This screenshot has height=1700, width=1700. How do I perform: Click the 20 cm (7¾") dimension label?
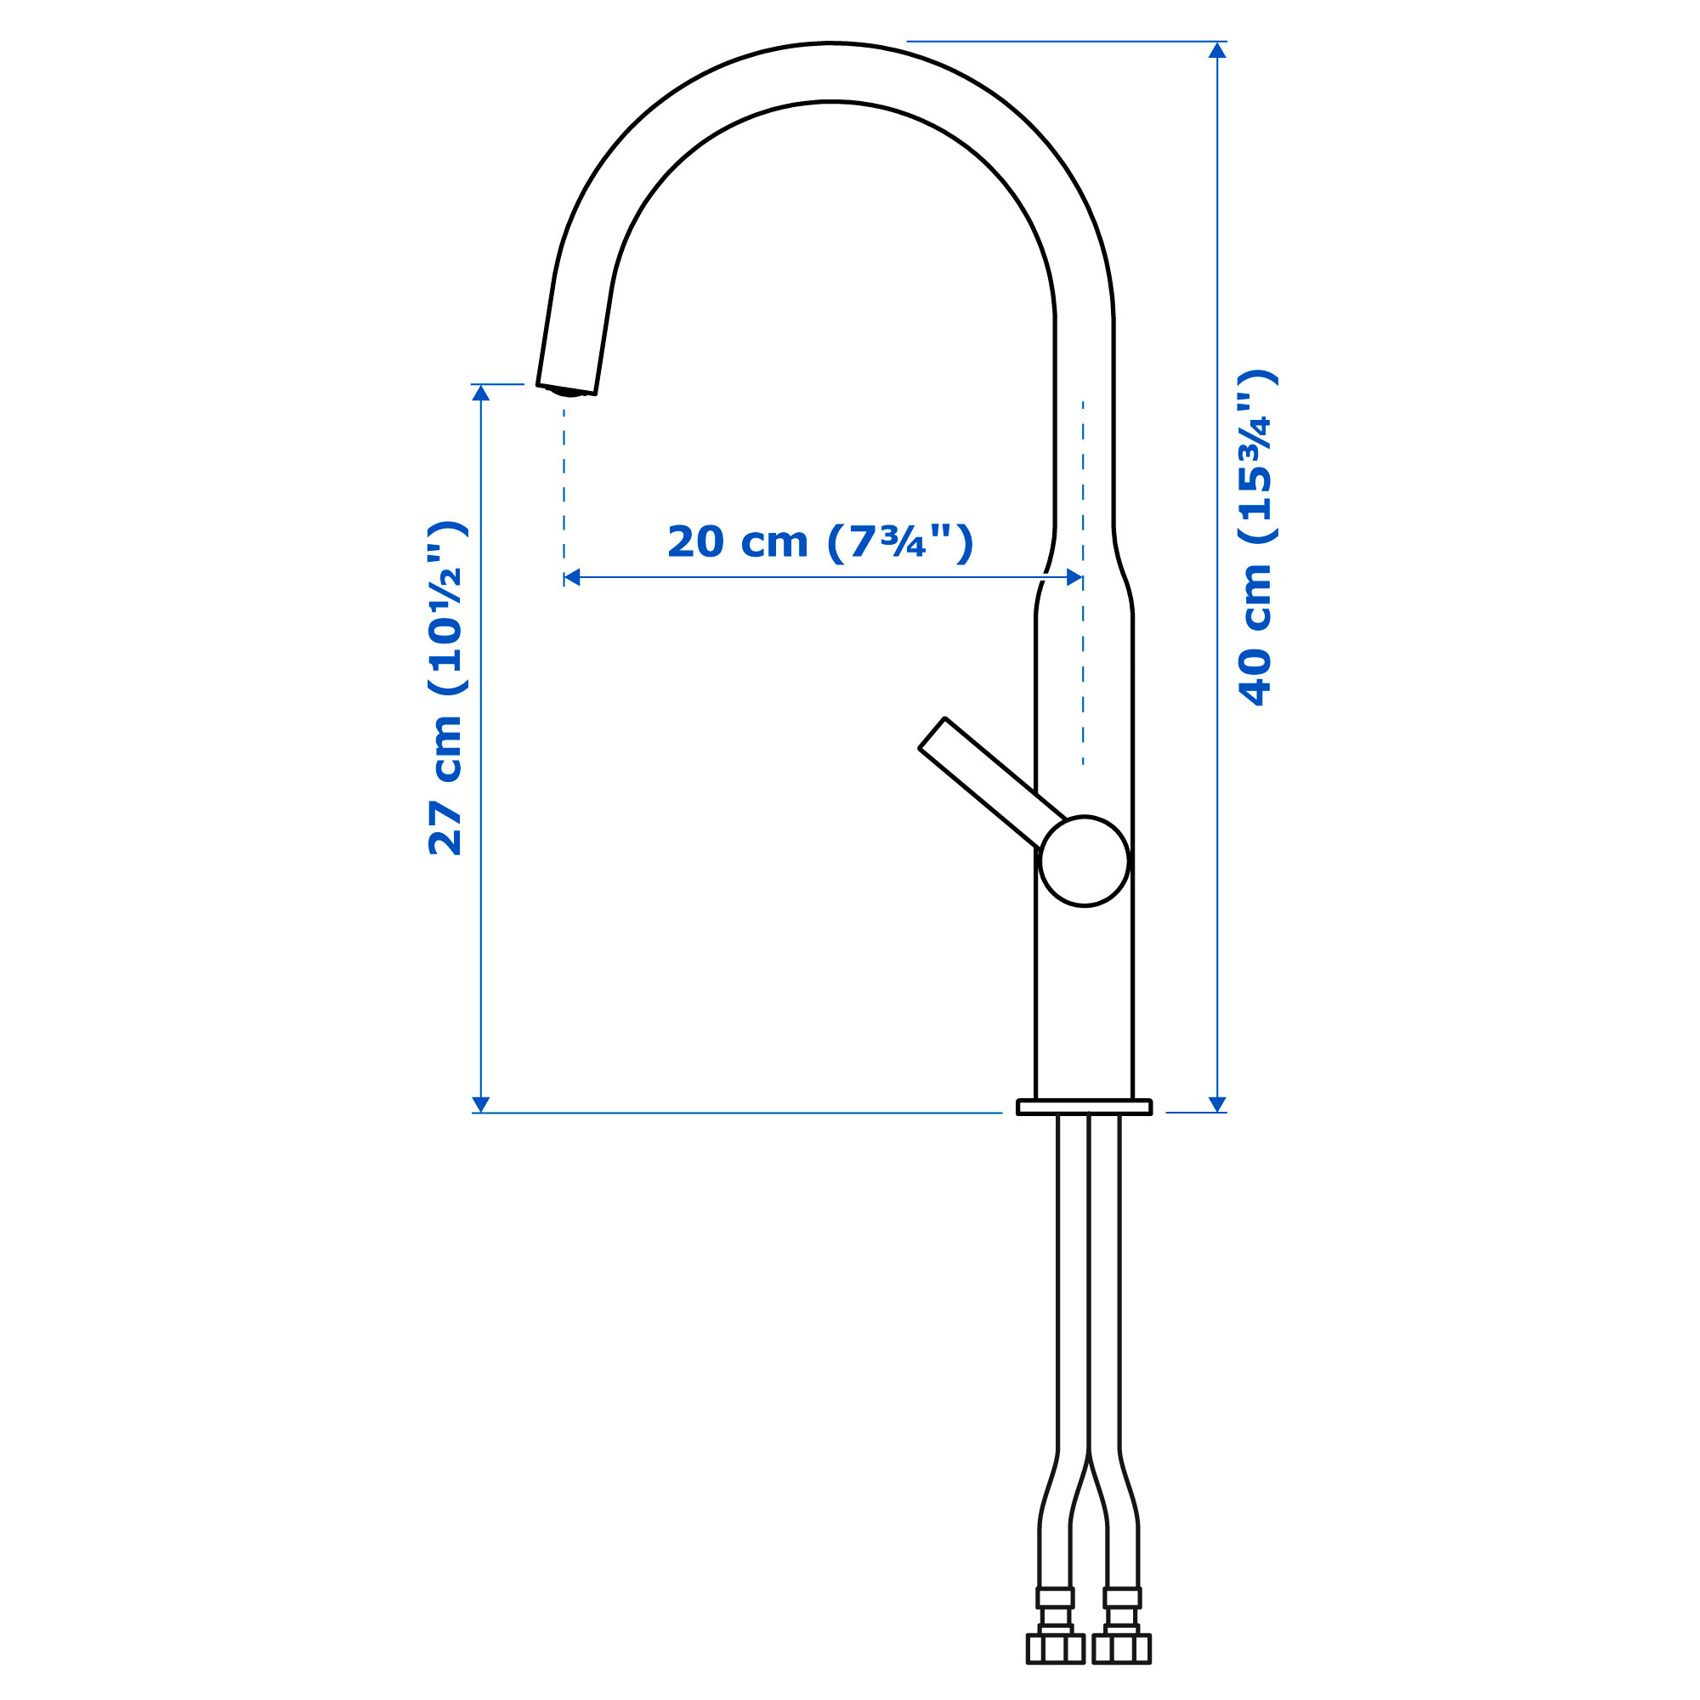[x=820, y=542]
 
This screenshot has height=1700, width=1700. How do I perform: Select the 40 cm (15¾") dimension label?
[x=1255, y=538]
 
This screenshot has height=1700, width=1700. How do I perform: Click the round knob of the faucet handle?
[x=1083, y=860]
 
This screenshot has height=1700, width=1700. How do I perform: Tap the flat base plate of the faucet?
[x=1083, y=1107]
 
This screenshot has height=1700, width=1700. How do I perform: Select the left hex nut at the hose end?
[x=1055, y=1648]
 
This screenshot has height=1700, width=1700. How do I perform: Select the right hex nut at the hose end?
[x=1121, y=1648]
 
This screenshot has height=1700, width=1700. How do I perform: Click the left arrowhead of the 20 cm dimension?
[x=572, y=577]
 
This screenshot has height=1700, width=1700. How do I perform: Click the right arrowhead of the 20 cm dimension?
[x=1074, y=577]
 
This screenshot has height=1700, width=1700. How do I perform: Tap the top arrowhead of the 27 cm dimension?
[x=480, y=393]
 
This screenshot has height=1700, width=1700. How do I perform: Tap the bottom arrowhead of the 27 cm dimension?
[x=480, y=1104]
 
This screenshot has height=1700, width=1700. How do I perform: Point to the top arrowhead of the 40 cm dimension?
[x=1217, y=50]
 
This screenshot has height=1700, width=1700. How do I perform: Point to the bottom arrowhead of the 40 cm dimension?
[x=1217, y=1104]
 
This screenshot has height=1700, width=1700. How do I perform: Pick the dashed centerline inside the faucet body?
[x=1083, y=669]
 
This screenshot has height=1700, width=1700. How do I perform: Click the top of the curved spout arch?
[x=830, y=72]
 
